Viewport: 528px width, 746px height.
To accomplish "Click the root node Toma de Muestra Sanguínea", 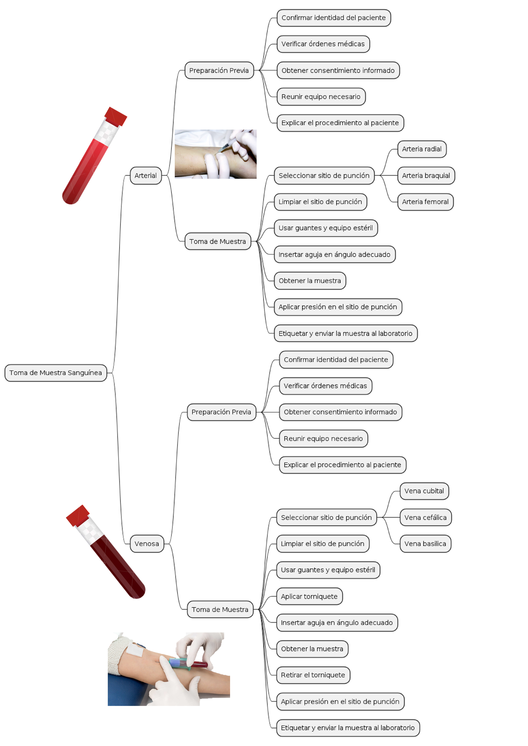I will tap(55, 373).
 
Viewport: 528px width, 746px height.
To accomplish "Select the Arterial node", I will tap(146, 175).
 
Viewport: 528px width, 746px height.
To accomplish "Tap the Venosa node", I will tap(147, 544).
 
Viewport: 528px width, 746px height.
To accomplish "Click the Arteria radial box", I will tap(422, 149).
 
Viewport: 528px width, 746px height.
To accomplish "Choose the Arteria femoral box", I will tap(425, 202).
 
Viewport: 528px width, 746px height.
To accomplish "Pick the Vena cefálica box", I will tap(425, 517).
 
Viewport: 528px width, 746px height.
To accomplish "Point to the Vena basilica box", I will tap(425, 544).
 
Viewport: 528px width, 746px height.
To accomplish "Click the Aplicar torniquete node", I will tap(309, 597).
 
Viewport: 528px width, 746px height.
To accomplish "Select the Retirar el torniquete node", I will tap(313, 675).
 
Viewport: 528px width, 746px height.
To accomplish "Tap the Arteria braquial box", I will tap(425, 175).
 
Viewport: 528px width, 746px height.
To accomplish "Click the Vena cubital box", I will tap(424, 491).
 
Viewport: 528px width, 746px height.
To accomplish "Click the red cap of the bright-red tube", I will tap(116, 116).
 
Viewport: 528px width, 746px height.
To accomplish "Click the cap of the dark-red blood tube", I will tap(78, 515).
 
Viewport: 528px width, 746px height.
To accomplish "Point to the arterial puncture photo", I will tap(215, 154).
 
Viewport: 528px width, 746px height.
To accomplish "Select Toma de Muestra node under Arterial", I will tap(217, 241).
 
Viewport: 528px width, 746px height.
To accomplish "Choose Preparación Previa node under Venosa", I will tap(221, 412).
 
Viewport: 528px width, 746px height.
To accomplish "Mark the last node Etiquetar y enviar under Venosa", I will tap(348, 728).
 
